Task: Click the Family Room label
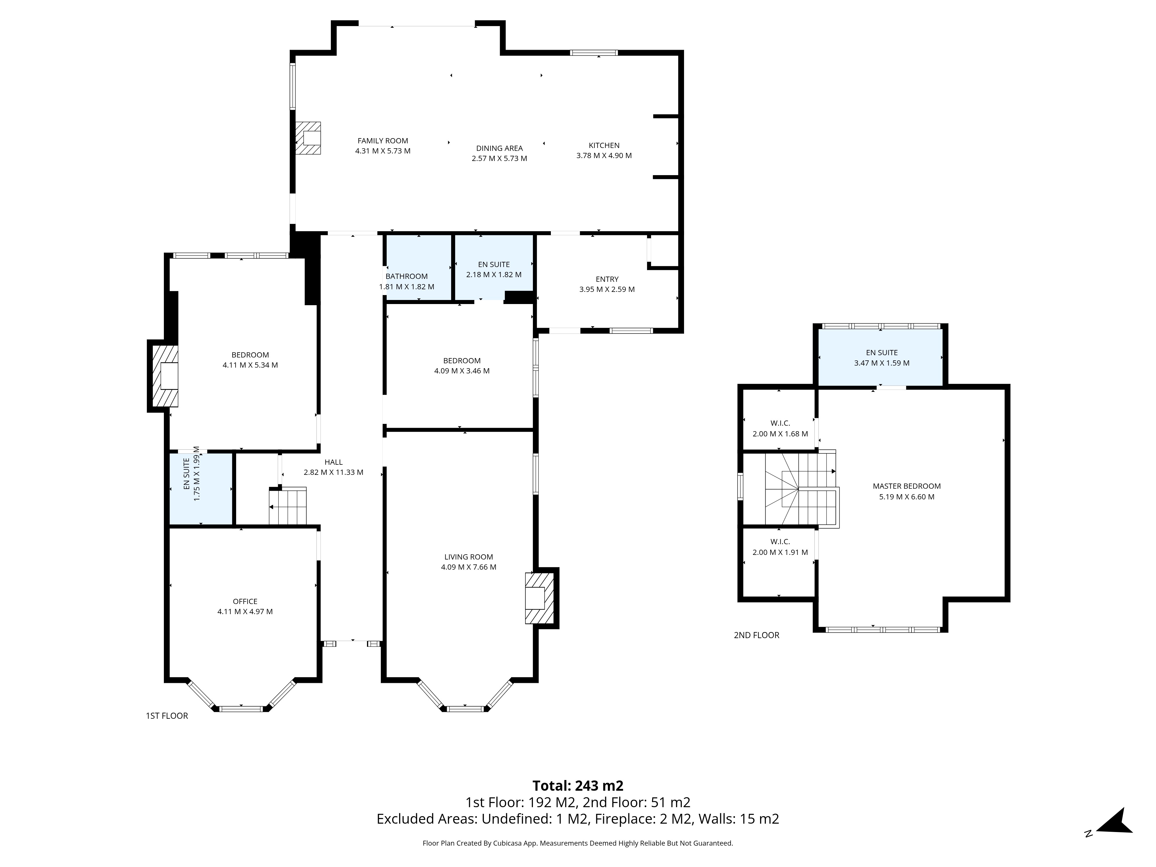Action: pos(383,140)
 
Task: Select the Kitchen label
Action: pos(604,145)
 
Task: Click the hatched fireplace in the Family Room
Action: pos(308,138)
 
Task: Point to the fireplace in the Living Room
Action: pos(539,598)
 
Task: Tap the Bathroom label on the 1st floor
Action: pos(407,277)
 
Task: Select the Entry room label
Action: pos(607,279)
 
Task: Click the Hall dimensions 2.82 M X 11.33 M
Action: pos(334,473)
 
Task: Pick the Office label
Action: pos(245,601)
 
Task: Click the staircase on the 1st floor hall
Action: pos(288,506)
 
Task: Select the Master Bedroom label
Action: pos(907,486)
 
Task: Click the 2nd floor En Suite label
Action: pos(882,353)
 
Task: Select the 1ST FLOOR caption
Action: pos(167,716)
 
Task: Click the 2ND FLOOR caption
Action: pos(756,636)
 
